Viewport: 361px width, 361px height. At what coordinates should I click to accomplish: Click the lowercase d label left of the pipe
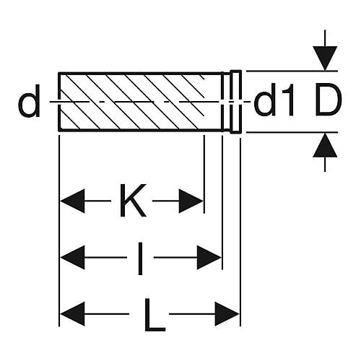click(29, 101)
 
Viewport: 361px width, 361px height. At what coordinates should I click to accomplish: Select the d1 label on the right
click(274, 100)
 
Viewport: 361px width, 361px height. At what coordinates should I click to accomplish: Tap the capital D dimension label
click(329, 100)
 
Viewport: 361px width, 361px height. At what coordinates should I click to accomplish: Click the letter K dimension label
click(133, 201)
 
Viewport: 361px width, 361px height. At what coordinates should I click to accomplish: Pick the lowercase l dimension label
click(140, 258)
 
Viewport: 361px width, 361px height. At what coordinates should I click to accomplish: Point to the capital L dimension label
click(155, 315)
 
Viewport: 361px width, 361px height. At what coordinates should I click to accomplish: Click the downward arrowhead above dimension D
click(325, 58)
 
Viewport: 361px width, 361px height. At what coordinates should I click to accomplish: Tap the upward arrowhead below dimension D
click(325, 145)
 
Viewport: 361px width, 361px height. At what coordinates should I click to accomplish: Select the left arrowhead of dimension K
click(72, 201)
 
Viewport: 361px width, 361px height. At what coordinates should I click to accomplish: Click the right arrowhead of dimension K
click(191, 201)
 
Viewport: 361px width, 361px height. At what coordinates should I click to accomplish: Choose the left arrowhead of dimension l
click(72, 258)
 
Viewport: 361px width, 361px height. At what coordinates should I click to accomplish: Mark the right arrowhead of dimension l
click(209, 258)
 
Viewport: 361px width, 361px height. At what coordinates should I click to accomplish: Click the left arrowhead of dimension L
click(72, 314)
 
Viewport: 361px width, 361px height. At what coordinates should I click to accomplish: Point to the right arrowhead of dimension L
click(227, 314)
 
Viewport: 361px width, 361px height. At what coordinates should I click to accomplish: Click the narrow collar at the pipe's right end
click(236, 102)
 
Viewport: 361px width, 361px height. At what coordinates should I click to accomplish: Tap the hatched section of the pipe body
click(132, 102)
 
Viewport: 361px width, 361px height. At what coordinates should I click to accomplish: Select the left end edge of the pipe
click(59, 102)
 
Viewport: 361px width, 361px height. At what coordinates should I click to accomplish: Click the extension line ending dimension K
click(204, 174)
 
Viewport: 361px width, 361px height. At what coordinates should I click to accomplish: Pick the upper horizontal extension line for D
click(292, 71)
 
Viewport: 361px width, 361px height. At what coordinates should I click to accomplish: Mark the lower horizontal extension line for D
click(292, 132)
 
